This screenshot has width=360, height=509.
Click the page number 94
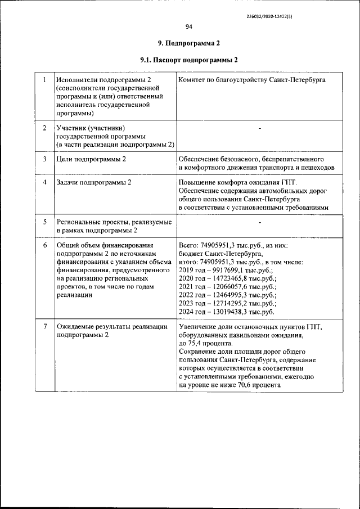pos(188,26)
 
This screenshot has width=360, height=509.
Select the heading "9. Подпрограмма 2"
pos(188,43)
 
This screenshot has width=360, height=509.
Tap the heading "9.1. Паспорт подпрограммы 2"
pos(188,60)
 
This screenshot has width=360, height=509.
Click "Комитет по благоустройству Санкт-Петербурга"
pos(251,80)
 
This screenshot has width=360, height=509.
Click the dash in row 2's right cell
pos(260,129)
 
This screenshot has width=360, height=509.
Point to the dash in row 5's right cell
pos(260,223)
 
